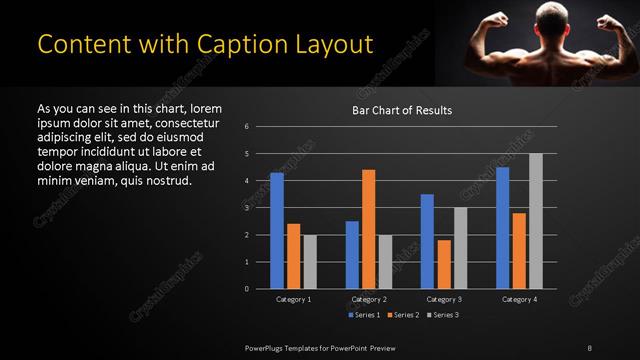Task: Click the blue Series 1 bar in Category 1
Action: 277,231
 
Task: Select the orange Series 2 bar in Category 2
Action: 368,229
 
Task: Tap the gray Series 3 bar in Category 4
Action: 536,221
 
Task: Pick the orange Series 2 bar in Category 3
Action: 444,264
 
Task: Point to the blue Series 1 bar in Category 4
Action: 502,228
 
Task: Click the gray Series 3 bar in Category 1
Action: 310,262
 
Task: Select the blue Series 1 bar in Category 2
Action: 352,255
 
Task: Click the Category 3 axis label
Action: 443,299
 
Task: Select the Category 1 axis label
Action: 293,299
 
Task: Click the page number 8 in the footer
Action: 590,347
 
